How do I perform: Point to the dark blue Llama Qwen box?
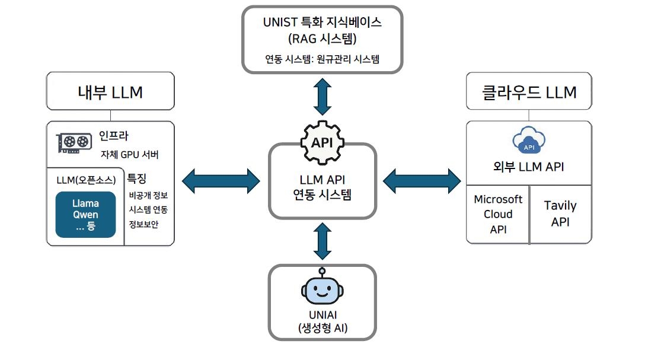(85, 214)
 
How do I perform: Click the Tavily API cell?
(560, 214)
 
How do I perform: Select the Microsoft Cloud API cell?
(498, 214)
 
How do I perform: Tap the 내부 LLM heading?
(110, 92)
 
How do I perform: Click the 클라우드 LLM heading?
(529, 92)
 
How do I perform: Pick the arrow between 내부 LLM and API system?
(221, 181)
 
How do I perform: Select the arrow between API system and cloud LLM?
(422, 180)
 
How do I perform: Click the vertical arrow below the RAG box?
(322, 96)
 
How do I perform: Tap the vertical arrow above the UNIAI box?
(322, 241)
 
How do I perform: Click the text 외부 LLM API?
(528, 167)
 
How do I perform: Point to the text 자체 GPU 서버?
(129, 155)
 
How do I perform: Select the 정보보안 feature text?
(143, 224)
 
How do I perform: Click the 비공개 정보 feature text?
(148, 195)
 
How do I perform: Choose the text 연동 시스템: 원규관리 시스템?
(322, 59)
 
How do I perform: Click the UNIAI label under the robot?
(322, 316)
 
